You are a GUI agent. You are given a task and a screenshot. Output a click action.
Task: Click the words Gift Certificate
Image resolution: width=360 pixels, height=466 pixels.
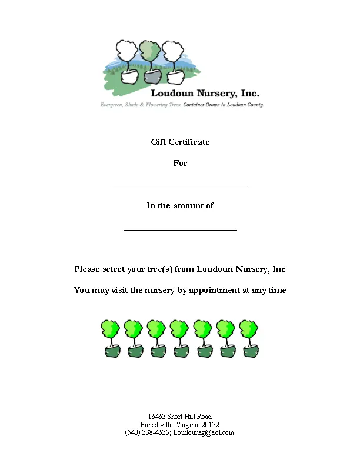(180, 142)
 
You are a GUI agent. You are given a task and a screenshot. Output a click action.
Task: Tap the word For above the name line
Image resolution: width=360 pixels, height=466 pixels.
(180, 163)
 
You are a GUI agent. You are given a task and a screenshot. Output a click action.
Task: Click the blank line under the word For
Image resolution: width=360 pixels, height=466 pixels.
(180, 188)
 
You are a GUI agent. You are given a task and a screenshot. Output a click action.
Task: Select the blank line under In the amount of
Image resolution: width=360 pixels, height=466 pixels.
(180, 229)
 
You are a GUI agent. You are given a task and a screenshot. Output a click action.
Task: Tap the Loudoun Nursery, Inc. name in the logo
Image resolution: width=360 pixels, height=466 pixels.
(205, 94)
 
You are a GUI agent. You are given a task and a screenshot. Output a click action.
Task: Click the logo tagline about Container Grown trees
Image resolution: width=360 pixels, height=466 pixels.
(224, 105)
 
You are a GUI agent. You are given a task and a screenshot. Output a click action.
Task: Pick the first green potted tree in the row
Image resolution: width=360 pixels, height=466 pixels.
(111, 338)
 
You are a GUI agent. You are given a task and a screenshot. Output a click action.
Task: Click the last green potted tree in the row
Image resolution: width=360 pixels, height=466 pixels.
(249, 338)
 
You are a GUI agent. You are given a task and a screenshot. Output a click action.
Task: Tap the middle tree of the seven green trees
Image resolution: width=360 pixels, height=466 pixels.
(180, 338)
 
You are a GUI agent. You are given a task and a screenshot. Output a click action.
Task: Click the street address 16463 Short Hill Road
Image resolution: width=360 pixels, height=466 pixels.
(180, 417)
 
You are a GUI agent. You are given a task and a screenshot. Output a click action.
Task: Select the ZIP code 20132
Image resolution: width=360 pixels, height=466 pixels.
(209, 424)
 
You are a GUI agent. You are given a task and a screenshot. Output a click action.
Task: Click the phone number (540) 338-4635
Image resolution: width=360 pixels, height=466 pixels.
(147, 432)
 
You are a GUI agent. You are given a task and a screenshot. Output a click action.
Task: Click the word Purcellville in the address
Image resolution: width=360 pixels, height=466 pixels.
(156, 424)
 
